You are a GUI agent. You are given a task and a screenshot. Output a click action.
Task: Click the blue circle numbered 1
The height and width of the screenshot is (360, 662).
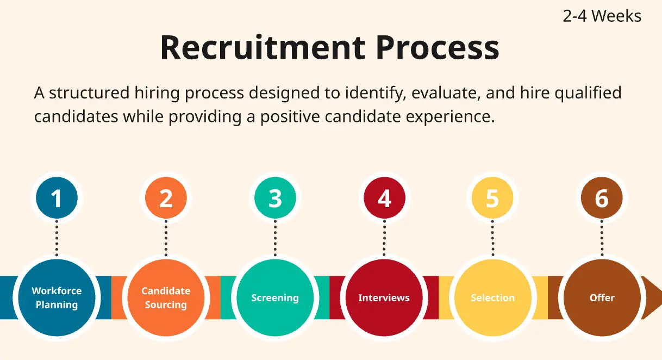[x=57, y=197]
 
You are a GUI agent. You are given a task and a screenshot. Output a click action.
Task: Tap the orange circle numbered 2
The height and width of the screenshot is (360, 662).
[x=166, y=197]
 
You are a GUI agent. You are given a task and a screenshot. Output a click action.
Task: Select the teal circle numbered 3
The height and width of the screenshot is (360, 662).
[x=275, y=197]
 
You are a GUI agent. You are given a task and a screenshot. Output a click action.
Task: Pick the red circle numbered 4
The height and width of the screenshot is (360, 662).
[x=384, y=197]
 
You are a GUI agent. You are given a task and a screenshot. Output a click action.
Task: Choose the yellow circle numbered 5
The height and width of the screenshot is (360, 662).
[x=492, y=197]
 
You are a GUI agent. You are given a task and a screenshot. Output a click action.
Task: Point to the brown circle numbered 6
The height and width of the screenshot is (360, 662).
[x=602, y=197]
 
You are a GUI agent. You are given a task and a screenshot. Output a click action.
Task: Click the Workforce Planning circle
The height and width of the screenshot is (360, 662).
[x=57, y=297]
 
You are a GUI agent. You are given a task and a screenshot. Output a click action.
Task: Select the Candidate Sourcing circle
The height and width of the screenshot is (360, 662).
[x=166, y=297]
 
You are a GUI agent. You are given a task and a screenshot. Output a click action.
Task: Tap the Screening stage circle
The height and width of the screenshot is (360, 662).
[x=275, y=297]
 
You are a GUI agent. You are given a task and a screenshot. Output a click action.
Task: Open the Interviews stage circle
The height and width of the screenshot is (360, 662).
[x=384, y=297]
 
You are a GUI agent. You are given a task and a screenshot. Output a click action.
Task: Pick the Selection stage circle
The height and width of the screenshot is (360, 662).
[x=492, y=297]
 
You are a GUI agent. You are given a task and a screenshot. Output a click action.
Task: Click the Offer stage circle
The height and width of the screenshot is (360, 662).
[x=602, y=297]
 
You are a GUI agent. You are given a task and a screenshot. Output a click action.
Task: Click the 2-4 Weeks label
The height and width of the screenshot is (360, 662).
[x=602, y=16]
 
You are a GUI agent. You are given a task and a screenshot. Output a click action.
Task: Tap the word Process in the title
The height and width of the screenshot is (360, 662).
[x=438, y=47]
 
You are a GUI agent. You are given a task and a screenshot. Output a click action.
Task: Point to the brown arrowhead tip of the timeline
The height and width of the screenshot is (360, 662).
[x=661, y=297]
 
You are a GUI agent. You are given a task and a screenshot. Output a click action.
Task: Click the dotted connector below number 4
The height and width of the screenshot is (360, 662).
[x=384, y=238]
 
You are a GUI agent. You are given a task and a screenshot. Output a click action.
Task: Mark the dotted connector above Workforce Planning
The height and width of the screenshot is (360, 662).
[x=57, y=238]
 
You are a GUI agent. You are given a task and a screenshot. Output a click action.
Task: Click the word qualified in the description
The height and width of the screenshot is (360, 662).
[x=588, y=93]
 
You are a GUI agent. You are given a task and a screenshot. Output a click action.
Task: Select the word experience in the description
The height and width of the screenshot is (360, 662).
[x=450, y=117]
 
